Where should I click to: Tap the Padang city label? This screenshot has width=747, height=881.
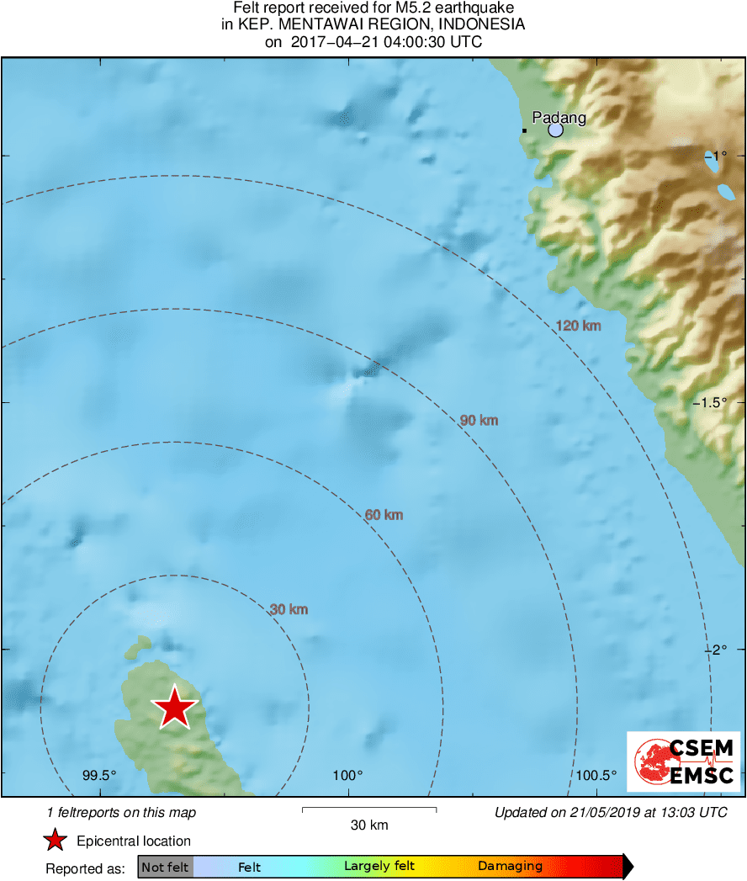click(559, 118)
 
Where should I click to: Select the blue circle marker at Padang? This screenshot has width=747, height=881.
click(555, 130)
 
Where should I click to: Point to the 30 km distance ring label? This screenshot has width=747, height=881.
click(289, 609)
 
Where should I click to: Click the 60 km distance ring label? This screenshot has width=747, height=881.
click(384, 514)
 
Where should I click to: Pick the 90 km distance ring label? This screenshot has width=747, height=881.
click(479, 420)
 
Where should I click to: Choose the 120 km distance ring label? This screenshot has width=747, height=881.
click(579, 325)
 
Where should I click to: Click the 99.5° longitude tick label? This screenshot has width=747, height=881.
click(99, 775)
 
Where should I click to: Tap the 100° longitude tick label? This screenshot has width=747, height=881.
click(347, 775)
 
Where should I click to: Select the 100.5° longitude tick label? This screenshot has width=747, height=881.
click(596, 775)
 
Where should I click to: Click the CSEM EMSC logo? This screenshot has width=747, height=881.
click(684, 762)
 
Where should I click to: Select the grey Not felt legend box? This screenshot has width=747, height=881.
click(165, 867)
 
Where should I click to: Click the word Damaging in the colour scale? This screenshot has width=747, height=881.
click(510, 866)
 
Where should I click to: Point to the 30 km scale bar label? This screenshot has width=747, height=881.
click(369, 825)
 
